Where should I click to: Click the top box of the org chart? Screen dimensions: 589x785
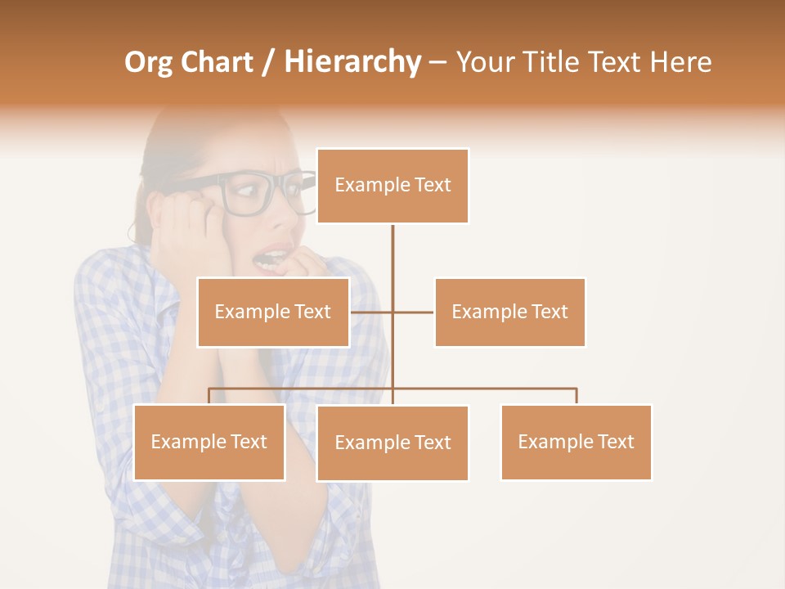coord(392,186)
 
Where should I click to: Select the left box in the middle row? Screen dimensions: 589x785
coord(273,312)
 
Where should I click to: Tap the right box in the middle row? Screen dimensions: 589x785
coord(509,312)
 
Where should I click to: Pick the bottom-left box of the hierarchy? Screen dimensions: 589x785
coord(209,442)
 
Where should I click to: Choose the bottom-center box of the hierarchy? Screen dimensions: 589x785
coord(392,443)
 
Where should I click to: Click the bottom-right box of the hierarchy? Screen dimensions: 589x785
coord(576,442)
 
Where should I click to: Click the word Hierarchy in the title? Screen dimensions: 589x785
coord(352,62)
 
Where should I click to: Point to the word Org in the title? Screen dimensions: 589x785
coord(148,62)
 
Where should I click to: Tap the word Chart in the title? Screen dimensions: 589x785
coord(217,62)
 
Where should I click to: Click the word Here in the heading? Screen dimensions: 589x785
coord(680,62)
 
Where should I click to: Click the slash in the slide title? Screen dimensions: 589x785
coord(269,63)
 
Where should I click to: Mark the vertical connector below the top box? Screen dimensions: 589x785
coord(392,262)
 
